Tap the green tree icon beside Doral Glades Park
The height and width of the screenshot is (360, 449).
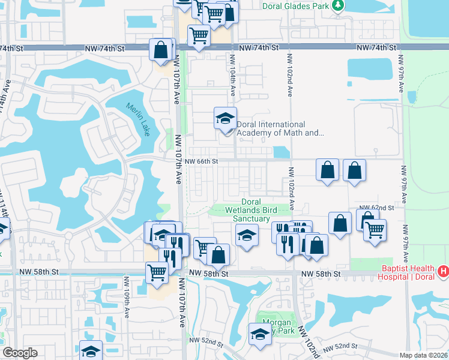point(339,6)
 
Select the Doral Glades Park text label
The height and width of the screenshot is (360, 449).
point(297,6)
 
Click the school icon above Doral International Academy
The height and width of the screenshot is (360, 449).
point(226,118)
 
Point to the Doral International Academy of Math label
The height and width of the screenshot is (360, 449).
point(280,129)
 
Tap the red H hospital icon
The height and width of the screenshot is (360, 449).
point(443,272)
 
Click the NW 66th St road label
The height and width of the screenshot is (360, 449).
point(201,161)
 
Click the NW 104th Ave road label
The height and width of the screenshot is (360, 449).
point(231,75)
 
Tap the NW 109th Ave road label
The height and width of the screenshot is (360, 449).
point(126,297)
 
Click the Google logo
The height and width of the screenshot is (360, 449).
point(20,353)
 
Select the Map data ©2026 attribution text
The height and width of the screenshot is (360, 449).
point(423,355)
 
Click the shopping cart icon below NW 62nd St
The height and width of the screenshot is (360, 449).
point(375,229)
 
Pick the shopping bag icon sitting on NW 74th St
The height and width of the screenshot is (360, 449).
point(161,50)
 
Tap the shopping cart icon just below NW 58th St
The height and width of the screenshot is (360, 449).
point(157,272)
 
